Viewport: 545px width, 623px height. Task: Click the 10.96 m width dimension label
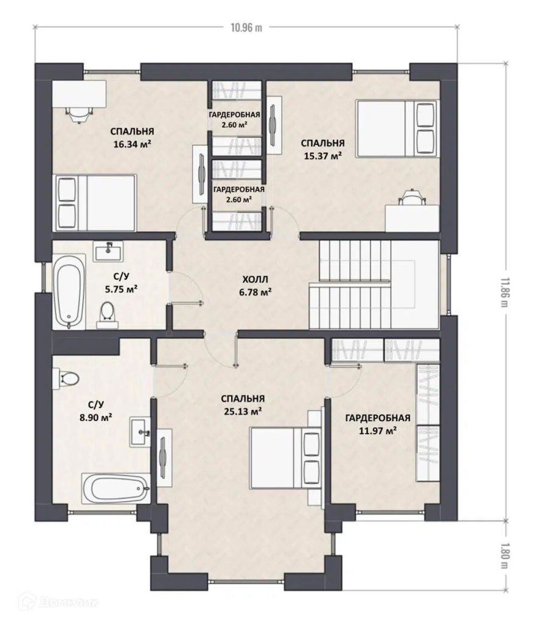(246, 27)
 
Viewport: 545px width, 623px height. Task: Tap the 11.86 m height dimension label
(505, 292)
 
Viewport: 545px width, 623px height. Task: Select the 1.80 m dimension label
(505, 555)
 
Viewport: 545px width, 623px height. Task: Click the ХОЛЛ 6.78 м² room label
(255, 286)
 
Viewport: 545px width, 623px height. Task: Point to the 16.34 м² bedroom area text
(132, 144)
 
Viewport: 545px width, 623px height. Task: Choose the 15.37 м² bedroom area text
(323, 156)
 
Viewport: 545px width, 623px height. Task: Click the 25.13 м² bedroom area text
(243, 411)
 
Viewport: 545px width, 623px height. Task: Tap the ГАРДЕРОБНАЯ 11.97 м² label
(378, 424)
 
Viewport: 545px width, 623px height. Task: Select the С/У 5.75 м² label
(121, 282)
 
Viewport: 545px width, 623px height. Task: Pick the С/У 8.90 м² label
(95, 411)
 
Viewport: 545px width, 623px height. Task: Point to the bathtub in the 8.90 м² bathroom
(116, 489)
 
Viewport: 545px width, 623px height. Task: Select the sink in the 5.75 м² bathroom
(108, 251)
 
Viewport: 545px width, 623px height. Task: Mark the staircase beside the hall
(374, 285)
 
